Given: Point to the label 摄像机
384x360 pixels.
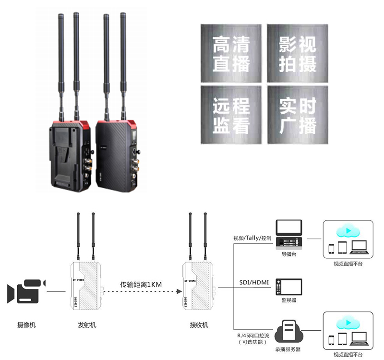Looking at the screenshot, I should (26, 325).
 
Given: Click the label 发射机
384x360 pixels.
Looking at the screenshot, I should (87, 325).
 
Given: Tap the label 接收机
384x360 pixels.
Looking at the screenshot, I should (199, 325).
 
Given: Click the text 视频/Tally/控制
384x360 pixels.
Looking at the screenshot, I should (252, 238).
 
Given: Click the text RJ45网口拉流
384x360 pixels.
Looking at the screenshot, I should (252, 335).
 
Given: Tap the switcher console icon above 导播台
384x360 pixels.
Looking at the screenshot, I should (289, 235).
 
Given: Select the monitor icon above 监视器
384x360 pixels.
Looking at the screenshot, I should (289, 287).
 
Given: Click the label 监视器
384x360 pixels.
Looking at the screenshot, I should (289, 300).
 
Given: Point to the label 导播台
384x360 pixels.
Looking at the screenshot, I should (289, 255).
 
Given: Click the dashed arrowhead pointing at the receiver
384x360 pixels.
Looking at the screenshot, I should (179, 291).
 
